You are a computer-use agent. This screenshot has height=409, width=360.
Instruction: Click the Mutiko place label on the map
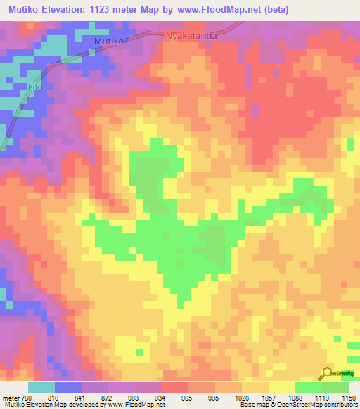[x=109, y=42]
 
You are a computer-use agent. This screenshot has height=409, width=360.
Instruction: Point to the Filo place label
[x=36, y=87]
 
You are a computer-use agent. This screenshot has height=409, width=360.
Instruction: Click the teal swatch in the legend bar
[x=41, y=387]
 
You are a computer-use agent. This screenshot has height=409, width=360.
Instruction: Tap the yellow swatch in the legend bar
[x=281, y=387]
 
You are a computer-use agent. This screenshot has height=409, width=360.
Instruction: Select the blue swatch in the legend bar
[x=68, y=387]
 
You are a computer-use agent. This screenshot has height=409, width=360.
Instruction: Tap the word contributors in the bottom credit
[x=337, y=405]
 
